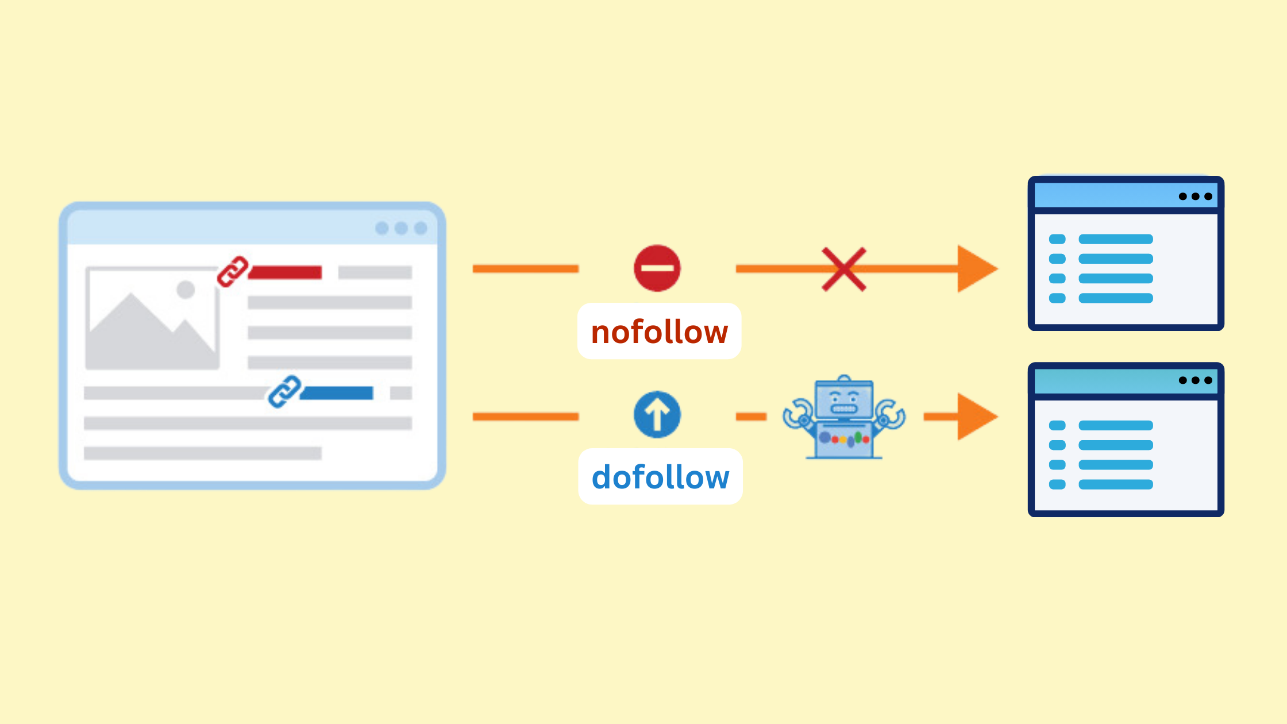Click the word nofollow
point(660,332)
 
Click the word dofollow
point(661,477)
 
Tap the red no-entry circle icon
point(657,268)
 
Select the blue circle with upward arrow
point(657,415)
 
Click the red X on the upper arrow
point(844,269)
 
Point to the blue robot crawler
point(844,417)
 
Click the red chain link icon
point(233,272)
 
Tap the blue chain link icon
point(285,392)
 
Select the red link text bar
point(285,272)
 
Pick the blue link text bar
point(337,393)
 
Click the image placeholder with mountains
point(152,318)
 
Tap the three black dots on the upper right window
point(1195,197)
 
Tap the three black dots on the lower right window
point(1195,380)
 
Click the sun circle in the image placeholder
point(186,290)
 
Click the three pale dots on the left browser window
point(401,228)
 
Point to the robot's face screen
point(844,400)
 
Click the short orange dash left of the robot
point(752,417)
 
